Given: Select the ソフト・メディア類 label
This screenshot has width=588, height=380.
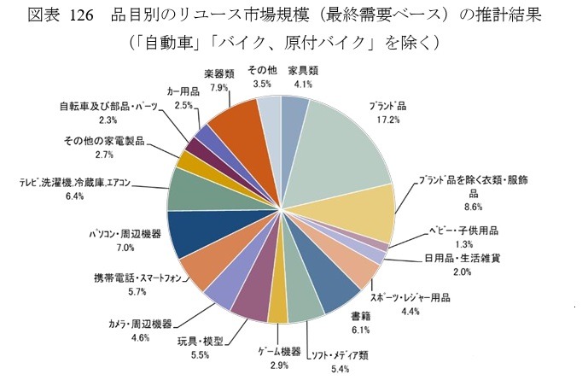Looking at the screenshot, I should point(339,355).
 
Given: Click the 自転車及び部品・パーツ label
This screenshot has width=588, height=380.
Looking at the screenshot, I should point(108,107).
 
